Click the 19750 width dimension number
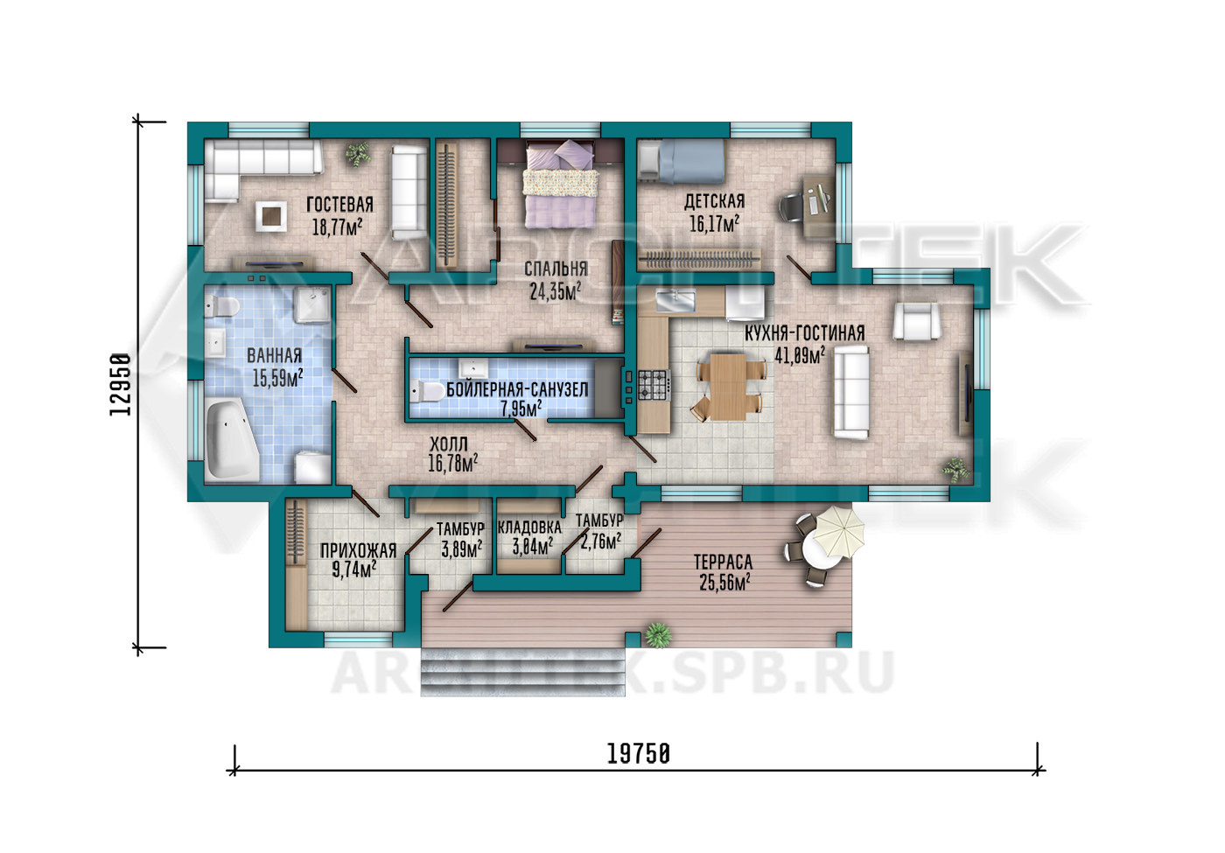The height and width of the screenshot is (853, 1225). click(x=638, y=754)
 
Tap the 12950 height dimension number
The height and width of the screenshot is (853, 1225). click(x=121, y=384)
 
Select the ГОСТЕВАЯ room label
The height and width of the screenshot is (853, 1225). click(x=339, y=205)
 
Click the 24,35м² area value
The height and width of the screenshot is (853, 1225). click(x=555, y=291)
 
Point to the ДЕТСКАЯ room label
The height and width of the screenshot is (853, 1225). click(x=714, y=201)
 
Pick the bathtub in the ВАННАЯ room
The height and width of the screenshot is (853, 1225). click(x=231, y=440)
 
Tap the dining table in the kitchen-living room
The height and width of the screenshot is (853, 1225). click(x=728, y=387)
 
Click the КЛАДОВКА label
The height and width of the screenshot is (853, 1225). click(x=529, y=528)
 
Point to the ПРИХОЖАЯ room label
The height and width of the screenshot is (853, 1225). click(x=358, y=550)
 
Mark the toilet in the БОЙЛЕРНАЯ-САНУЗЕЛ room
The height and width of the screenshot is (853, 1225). click(x=428, y=392)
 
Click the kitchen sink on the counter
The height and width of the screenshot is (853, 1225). click(x=675, y=300)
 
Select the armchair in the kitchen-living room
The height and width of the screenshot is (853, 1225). click(x=915, y=322)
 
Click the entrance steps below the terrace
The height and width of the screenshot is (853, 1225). click(x=522, y=672)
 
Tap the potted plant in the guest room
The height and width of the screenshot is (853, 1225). click(x=358, y=154)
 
